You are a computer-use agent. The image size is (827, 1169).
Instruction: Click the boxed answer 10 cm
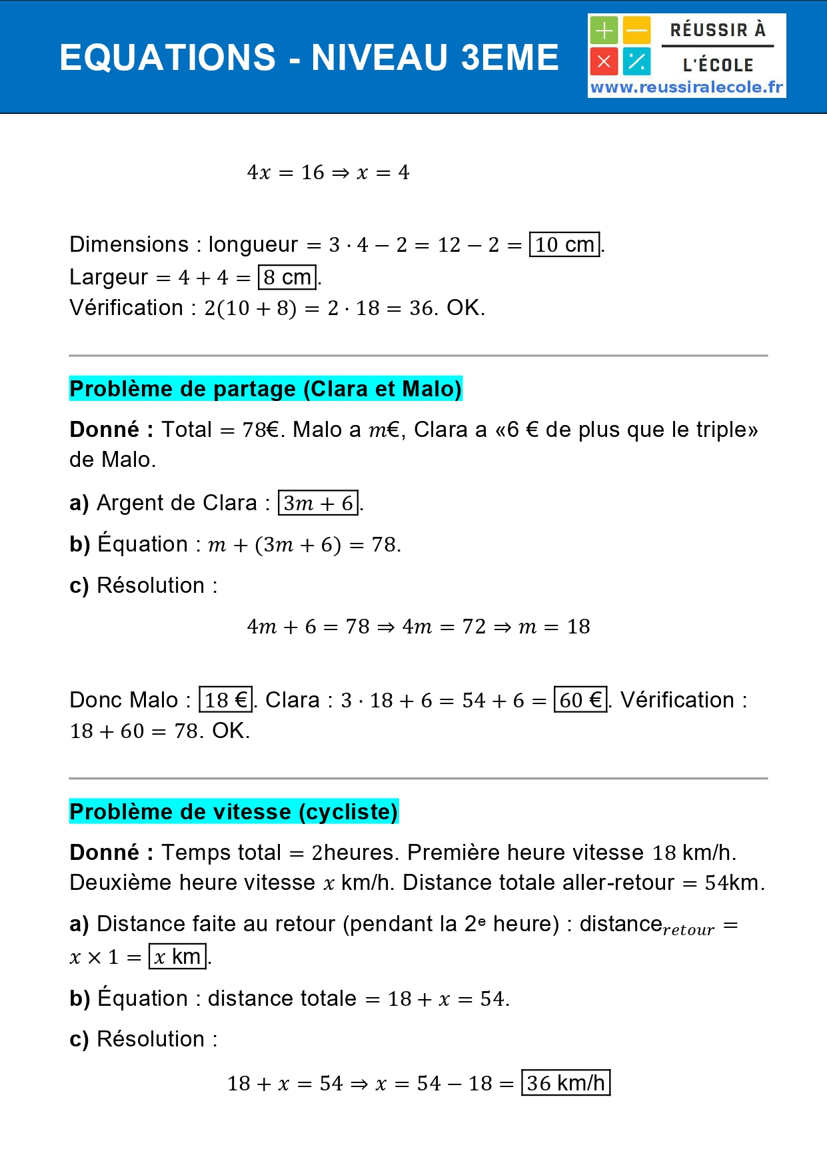[564, 244]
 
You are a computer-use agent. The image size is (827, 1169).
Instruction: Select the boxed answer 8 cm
[287, 277]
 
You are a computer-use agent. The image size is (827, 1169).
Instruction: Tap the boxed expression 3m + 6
[319, 503]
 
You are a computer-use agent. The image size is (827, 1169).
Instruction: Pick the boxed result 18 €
[226, 700]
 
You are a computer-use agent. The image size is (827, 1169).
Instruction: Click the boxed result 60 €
[580, 700]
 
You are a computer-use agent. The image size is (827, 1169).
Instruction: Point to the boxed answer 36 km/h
[565, 1083]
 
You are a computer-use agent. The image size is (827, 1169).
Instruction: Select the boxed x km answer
[177, 957]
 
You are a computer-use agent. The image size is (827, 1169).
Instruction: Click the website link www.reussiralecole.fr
[686, 87]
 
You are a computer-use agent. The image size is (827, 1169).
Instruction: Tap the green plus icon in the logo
[604, 31]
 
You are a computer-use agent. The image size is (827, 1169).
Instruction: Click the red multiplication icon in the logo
[604, 62]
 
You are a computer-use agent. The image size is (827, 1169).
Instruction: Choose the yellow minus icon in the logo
[637, 31]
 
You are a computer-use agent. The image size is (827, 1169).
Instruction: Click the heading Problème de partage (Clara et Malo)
[265, 388]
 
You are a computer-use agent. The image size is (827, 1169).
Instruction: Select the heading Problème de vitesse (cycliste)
[233, 811]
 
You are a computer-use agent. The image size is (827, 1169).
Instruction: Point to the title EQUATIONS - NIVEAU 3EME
[309, 57]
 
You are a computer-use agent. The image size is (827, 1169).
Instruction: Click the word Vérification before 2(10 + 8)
[126, 308]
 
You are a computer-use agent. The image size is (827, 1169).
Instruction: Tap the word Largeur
[109, 277]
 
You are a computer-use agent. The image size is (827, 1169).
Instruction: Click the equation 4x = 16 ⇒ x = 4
[328, 173]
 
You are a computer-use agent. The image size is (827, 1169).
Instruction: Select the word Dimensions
[129, 244]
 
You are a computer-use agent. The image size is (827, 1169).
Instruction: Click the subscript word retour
[688, 930]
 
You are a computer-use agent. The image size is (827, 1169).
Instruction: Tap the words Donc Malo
[124, 700]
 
